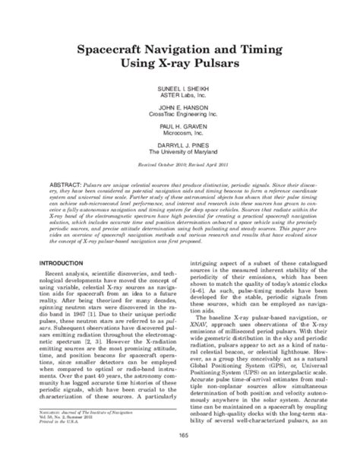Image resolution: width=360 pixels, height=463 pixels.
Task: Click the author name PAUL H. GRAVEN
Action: click(x=180, y=127)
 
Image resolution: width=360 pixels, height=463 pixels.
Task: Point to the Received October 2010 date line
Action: click(x=180, y=171)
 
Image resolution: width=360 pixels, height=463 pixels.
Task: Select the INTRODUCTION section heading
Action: click(x=52, y=262)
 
